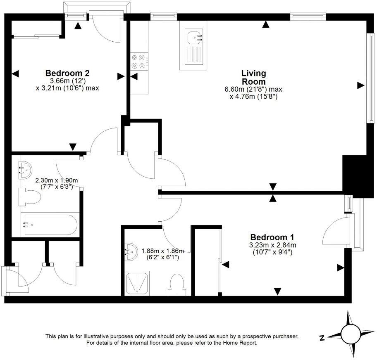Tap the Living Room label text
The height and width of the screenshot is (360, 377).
tap(253, 77)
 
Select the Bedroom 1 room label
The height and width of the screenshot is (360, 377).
tap(272, 237)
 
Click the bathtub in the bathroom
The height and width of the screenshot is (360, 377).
tap(50, 224)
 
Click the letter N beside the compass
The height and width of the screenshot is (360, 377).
tap(322, 338)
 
